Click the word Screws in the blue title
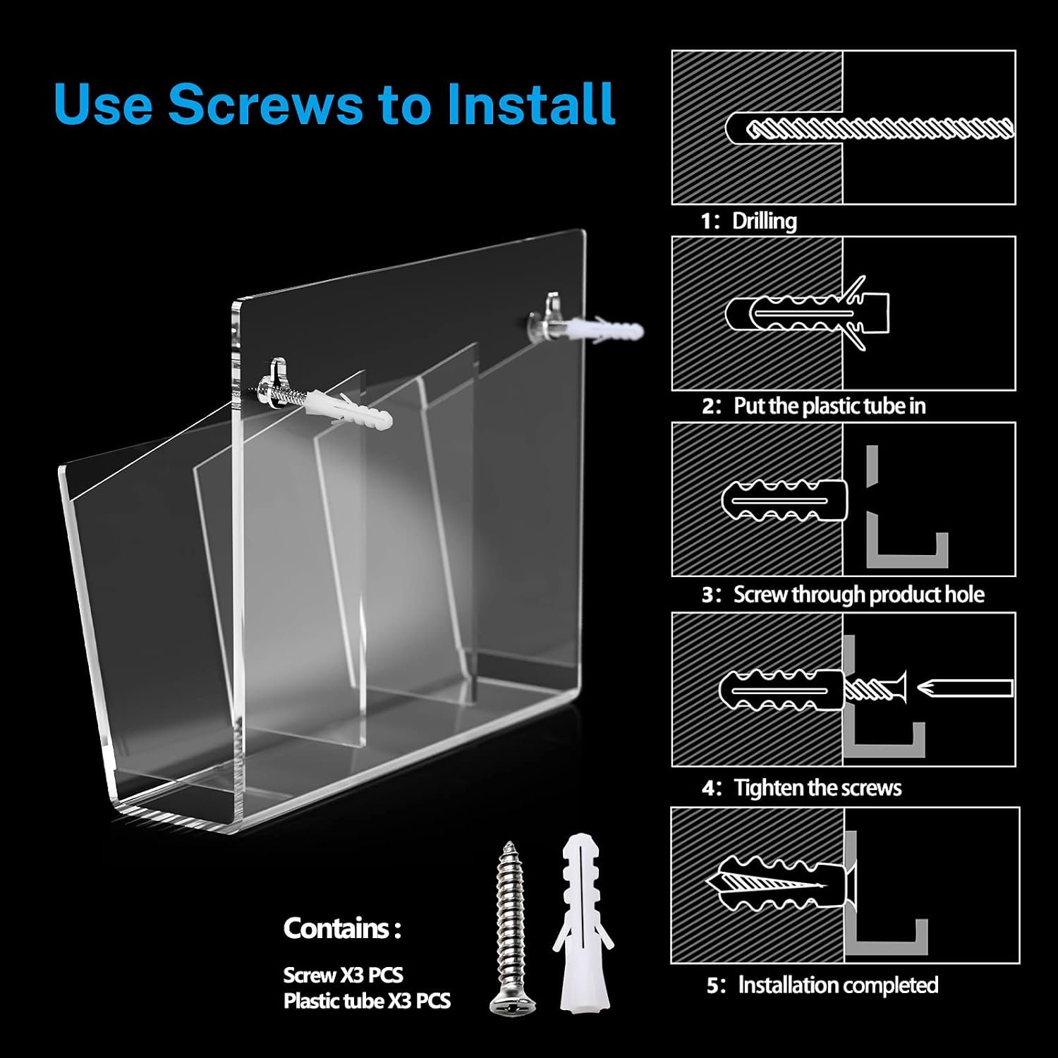(264, 104)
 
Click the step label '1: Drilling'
(748, 221)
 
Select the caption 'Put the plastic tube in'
(829, 406)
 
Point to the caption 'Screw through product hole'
(858, 595)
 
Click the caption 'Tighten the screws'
(817, 787)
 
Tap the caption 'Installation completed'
(838, 985)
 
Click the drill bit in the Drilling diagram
(880, 129)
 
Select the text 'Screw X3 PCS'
(343, 975)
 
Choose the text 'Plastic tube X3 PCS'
(367, 1001)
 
